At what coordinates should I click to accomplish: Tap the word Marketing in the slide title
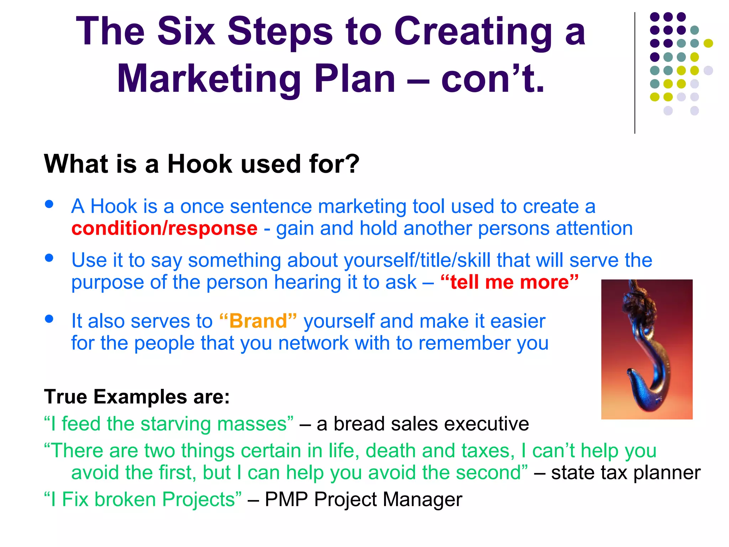click(209, 79)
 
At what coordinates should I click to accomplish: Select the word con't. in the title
click(493, 79)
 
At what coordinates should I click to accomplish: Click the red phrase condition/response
click(164, 228)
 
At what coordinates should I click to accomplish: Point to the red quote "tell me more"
click(509, 282)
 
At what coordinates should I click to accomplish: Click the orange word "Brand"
click(258, 321)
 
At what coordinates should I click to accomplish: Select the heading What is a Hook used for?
click(201, 164)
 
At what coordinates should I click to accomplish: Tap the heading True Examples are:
click(137, 397)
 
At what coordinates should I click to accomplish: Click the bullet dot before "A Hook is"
click(49, 204)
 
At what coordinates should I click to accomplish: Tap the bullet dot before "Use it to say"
click(49, 258)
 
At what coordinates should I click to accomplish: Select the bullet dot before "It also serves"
click(49, 319)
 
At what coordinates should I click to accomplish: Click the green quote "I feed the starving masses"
click(169, 424)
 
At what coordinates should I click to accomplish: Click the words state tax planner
click(625, 473)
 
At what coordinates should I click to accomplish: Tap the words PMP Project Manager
click(363, 499)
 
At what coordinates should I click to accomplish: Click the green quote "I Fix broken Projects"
click(142, 499)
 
